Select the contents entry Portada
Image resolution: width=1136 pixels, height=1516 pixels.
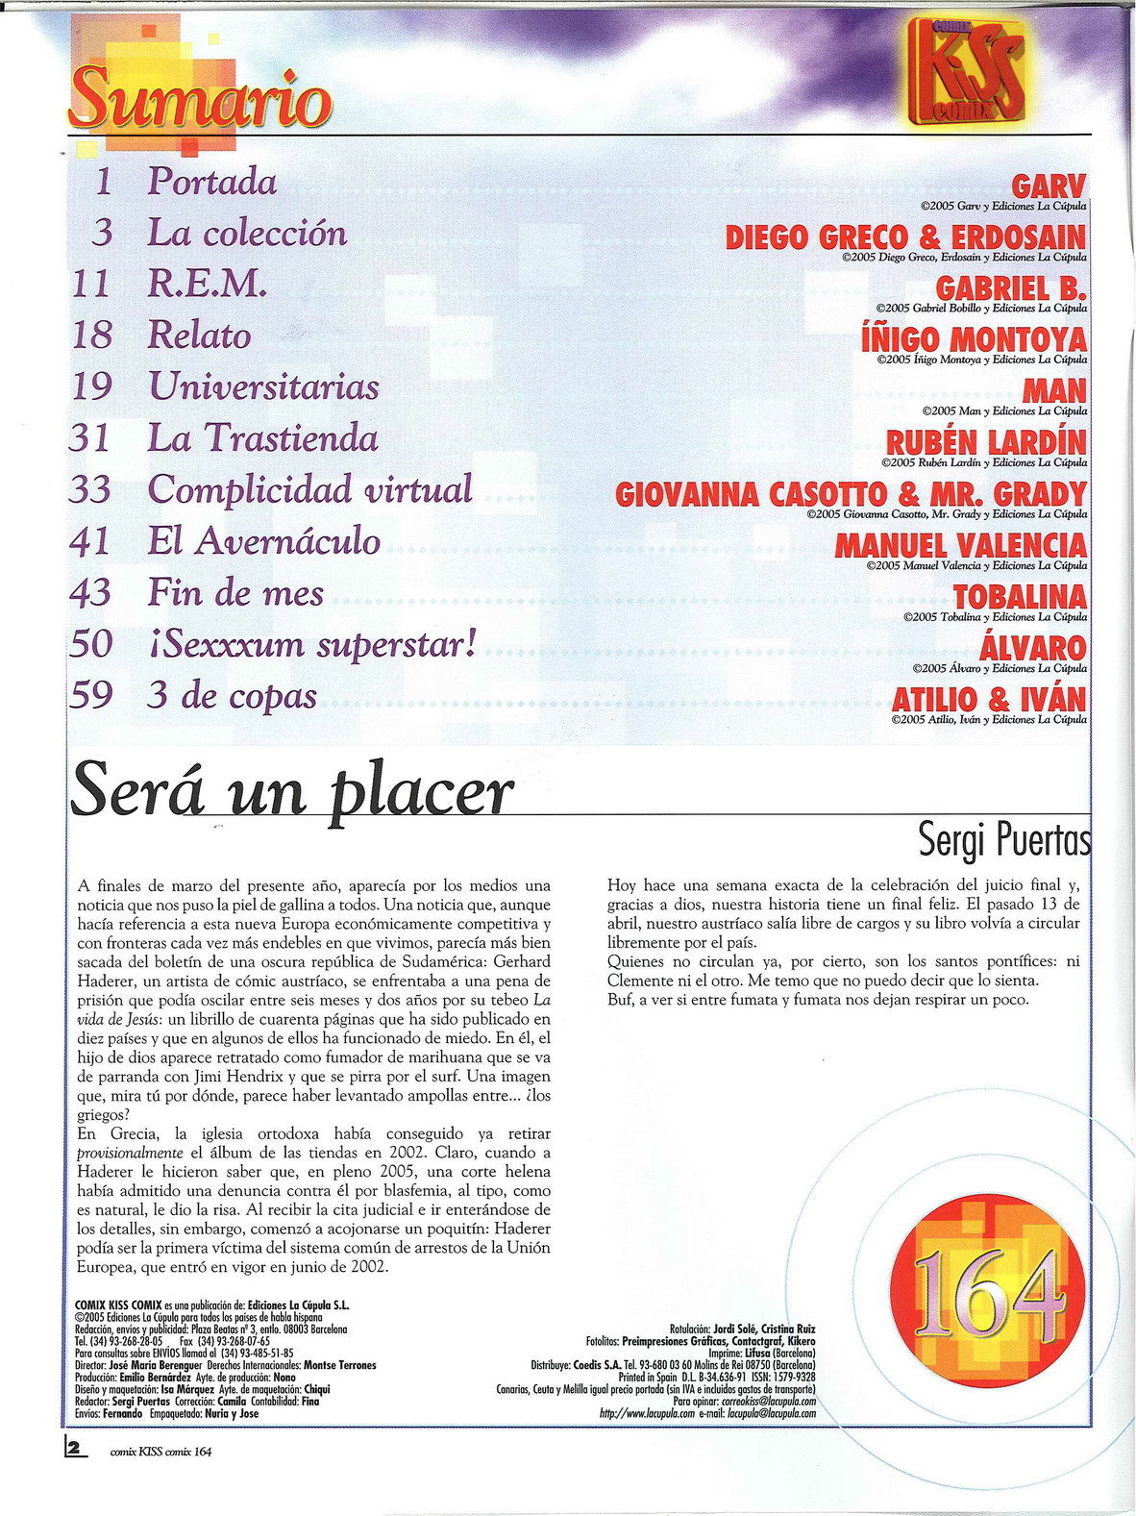[x=211, y=182]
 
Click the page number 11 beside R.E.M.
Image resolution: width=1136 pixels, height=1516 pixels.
[x=92, y=284]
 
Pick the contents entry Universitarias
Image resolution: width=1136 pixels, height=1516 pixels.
[x=262, y=386]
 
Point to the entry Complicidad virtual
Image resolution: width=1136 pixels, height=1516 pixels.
[x=309, y=489]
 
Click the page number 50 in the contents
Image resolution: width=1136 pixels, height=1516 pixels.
[x=91, y=643]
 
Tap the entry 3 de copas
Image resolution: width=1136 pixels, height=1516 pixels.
[x=232, y=695]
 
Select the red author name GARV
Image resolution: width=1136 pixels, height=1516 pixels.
[x=1049, y=186]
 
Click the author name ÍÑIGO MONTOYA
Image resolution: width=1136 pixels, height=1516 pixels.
[x=975, y=339]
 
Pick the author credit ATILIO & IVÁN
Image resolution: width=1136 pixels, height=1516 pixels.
[x=989, y=699]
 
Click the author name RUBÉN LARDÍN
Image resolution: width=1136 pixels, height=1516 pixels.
[x=985, y=442]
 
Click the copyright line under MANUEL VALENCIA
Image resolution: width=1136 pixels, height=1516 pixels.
[x=975, y=566]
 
